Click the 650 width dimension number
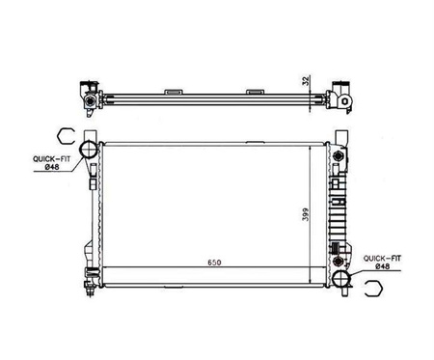[x=214, y=263]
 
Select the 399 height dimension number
[x=305, y=214]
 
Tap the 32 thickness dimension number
[x=306, y=80]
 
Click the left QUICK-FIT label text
[x=52, y=159]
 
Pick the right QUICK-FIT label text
[x=382, y=258]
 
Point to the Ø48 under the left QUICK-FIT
[x=52, y=167]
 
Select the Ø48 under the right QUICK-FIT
[x=383, y=266]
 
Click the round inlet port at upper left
[x=89, y=150]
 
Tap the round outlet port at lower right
[x=341, y=279]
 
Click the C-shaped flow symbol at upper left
[x=66, y=135]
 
